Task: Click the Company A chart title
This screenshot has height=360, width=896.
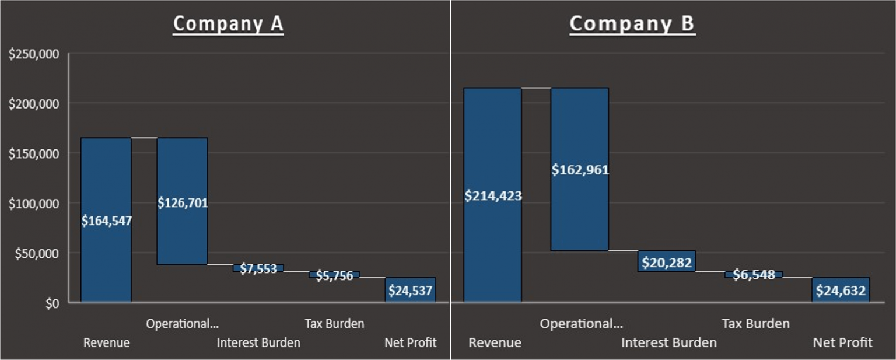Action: coord(228,24)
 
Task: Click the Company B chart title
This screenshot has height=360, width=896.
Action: coord(632,24)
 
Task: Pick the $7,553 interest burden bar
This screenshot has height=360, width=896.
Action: coord(258,268)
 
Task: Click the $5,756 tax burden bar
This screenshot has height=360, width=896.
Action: coord(334,275)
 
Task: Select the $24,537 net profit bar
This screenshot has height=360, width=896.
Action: coord(410,290)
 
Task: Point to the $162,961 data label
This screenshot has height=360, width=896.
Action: coord(580,170)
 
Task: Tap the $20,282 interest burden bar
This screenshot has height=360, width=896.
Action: coord(667,261)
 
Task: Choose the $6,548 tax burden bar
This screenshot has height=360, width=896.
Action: coord(754,274)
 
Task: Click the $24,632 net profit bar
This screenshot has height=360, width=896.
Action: coord(841,290)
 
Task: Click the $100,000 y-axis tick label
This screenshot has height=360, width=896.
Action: coord(34,204)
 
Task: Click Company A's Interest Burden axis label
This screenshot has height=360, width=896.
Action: coord(258,342)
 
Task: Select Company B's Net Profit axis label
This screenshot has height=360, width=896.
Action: coord(843,342)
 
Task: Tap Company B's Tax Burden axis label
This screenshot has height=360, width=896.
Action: coord(755,323)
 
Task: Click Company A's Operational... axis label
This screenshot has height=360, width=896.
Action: coord(182,323)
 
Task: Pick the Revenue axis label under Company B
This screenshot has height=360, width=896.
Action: coord(495,342)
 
